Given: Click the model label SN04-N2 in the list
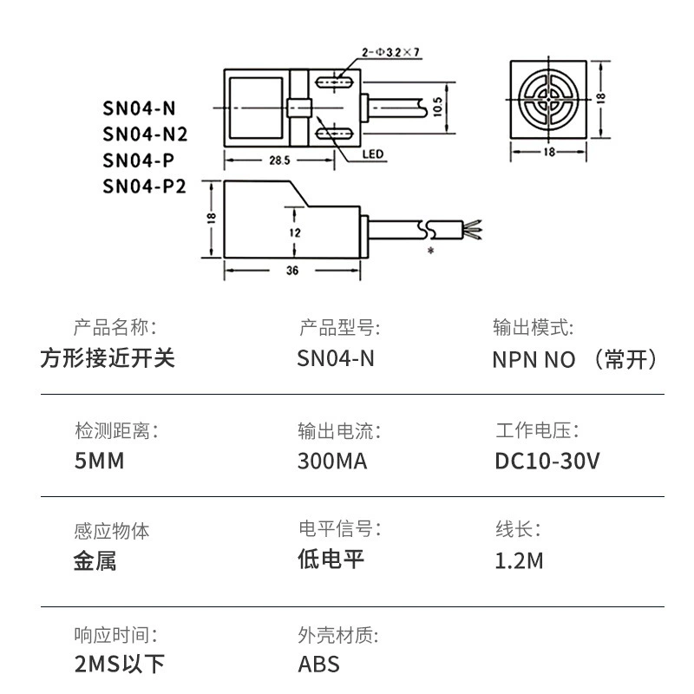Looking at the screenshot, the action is [145, 134].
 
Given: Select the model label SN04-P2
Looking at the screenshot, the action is [144, 187].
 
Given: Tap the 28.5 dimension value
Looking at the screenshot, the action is [279, 160].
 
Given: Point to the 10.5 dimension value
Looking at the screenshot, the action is [437, 107].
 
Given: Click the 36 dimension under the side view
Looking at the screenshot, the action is [292, 271].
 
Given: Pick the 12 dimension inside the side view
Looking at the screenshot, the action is [295, 232].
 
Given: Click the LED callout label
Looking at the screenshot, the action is [373, 154].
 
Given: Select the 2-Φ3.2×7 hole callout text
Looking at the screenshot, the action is [390, 52].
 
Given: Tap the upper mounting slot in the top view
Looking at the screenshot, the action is [333, 82].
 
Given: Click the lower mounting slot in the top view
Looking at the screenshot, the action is [333, 133].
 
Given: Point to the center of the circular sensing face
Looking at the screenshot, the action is [549, 99].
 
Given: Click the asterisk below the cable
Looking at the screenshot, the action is [430, 251].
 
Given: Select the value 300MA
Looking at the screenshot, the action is [332, 462].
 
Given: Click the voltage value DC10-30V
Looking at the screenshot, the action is [547, 462].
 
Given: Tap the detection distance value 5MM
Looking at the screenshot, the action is [100, 462].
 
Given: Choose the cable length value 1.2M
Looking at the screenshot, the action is [519, 560].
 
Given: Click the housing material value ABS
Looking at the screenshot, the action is [318, 665].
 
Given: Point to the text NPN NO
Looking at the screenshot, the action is [534, 359].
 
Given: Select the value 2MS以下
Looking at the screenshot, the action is [120, 664].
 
